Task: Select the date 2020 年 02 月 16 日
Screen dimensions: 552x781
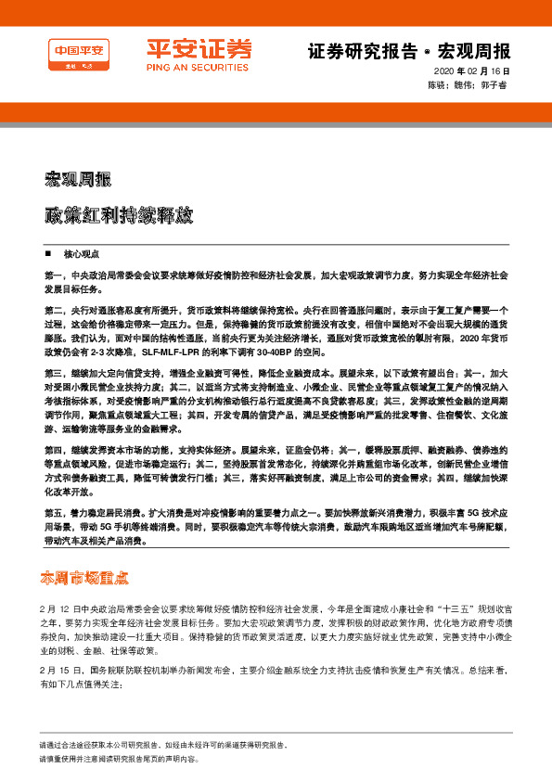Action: [472, 71]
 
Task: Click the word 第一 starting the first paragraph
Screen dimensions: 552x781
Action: [53, 276]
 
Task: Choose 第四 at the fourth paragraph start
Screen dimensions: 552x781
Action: [53, 449]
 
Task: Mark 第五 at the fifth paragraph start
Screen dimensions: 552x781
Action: [53, 513]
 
